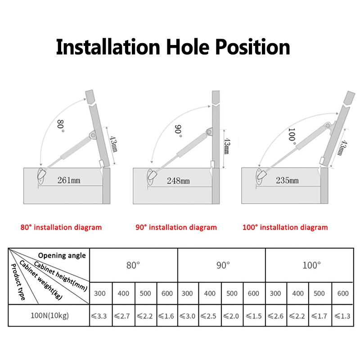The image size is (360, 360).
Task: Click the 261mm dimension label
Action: point(69,180)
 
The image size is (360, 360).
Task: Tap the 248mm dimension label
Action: point(179,180)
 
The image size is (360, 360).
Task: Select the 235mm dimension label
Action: point(288,180)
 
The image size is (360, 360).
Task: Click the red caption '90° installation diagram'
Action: point(176,227)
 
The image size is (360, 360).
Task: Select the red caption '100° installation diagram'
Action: point(285,227)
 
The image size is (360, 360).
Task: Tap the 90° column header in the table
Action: point(223,265)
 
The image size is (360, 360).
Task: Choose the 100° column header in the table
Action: point(311,265)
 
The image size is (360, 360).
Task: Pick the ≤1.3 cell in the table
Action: point(343,315)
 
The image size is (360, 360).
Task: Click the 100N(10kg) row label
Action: point(49,315)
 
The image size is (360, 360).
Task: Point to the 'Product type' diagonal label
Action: point(18,281)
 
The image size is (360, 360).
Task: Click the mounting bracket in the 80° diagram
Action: point(42,175)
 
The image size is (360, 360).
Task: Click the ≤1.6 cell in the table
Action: point(167,315)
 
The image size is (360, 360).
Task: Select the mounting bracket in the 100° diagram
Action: point(260,175)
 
